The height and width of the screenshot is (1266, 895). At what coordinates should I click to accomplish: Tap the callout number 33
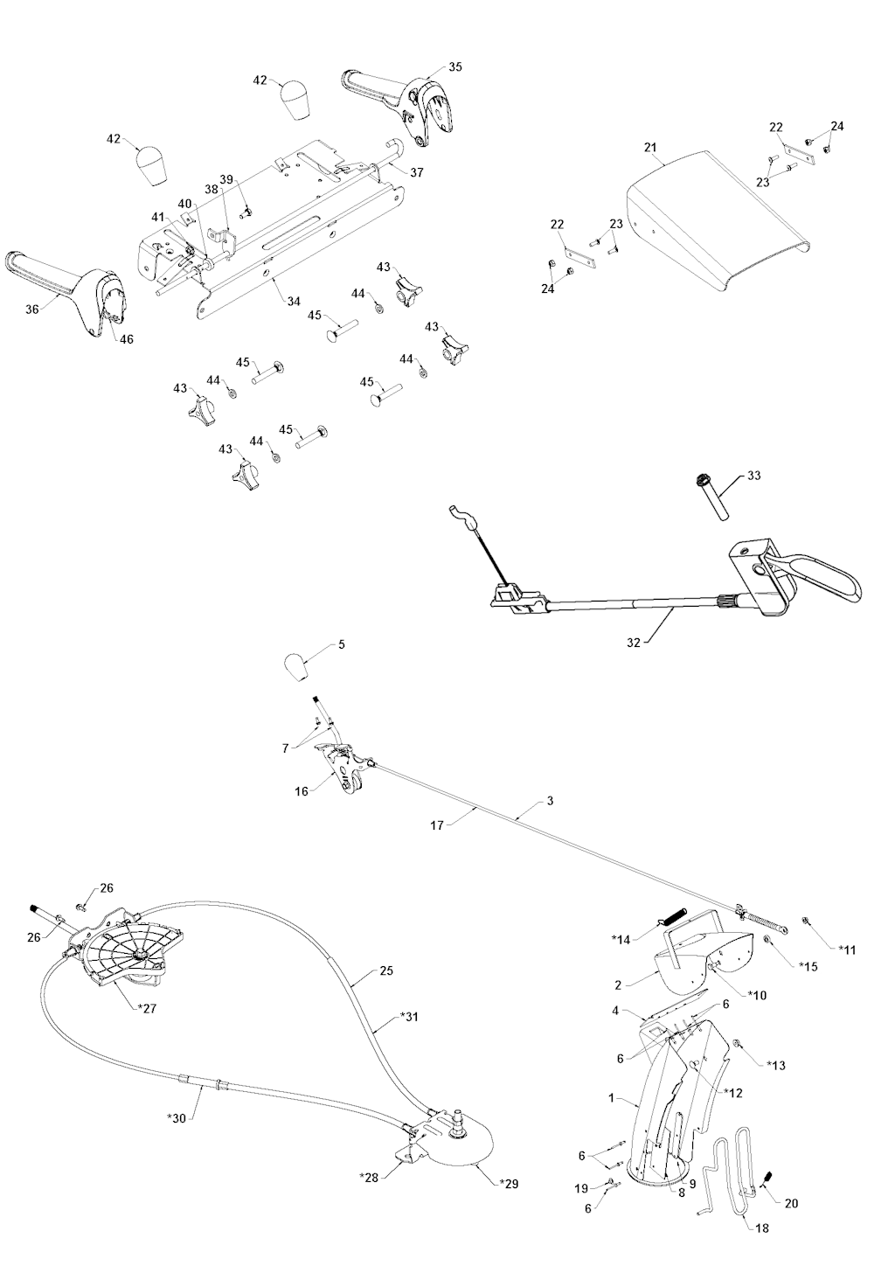[754, 476]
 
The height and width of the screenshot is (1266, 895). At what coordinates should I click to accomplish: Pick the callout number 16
[302, 791]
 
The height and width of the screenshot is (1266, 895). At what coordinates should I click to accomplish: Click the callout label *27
[146, 1007]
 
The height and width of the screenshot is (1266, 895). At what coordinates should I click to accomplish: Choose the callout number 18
[762, 1228]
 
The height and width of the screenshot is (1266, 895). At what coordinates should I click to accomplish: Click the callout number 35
[455, 66]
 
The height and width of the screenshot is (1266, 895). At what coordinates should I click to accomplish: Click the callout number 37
[416, 172]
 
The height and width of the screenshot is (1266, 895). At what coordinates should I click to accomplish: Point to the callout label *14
[621, 939]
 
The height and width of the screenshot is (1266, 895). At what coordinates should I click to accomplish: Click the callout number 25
[387, 970]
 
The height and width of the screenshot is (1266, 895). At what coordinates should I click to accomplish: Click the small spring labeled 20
[770, 1179]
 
